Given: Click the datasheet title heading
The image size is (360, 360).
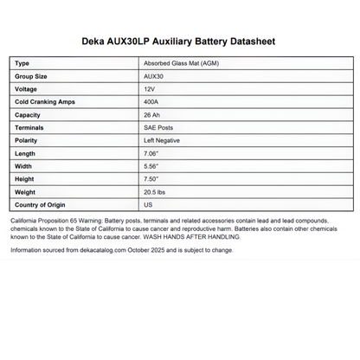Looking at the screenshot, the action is pyautogui.click(x=179, y=40).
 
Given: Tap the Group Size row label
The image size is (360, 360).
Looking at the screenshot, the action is pyautogui.click(x=33, y=76).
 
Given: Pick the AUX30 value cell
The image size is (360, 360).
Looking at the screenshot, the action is pyautogui.click(x=154, y=76).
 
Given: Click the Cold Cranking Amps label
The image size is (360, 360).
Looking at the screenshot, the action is pyautogui.click(x=45, y=102).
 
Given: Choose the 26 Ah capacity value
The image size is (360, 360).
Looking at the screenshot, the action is pyautogui.click(x=152, y=115).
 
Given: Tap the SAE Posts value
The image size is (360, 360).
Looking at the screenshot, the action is pyautogui.click(x=157, y=127).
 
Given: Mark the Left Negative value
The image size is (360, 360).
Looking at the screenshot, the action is pyautogui.click(x=162, y=140).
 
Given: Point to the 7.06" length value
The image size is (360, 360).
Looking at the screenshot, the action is pyautogui.click(x=151, y=153).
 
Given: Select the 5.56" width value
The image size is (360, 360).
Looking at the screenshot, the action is pyautogui.click(x=151, y=166).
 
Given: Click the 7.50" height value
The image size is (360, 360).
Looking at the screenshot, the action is pyautogui.click(x=151, y=179).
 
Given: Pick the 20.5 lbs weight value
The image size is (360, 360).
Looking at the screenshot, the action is pyautogui.click(x=155, y=191).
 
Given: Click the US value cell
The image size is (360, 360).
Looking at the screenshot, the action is pyautogui.click(x=147, y=204).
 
